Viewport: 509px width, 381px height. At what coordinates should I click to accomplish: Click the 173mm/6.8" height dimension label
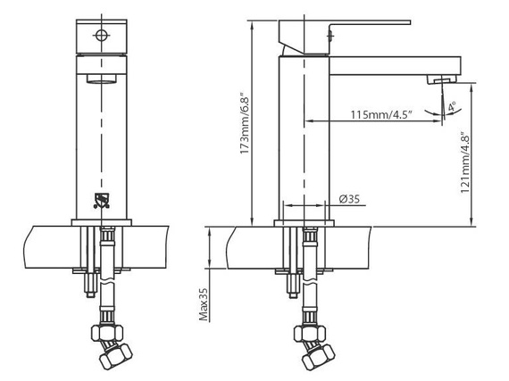245,125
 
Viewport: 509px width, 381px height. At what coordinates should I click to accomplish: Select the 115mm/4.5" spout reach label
381,114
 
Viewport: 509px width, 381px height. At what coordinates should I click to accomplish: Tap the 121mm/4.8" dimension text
465,162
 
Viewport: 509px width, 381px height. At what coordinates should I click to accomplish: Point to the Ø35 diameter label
349,199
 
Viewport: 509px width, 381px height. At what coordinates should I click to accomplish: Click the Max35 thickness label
204,304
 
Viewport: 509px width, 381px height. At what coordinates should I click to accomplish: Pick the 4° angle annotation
452,106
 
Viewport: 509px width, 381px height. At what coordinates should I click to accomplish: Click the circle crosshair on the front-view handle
101,35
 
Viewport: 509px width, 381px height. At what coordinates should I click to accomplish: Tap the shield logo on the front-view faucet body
102,201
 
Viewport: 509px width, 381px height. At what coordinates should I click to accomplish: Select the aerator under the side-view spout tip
441,79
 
